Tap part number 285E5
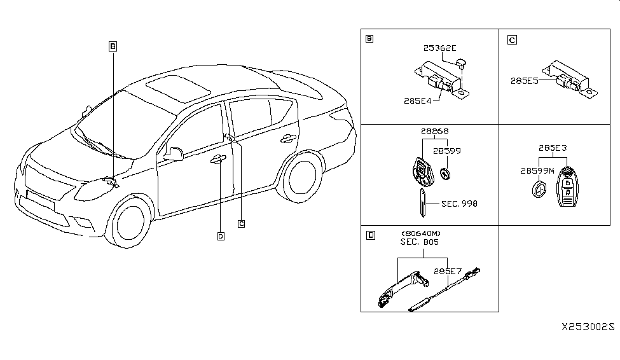525,81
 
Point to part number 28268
434,131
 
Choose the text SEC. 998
460,204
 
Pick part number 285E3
552,148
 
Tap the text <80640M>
420,233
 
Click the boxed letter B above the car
112,46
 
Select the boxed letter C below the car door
241,223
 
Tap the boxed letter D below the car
220,237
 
